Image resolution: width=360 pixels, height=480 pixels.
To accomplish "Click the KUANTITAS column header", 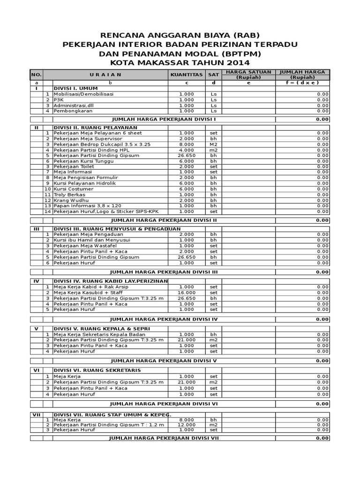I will (186, 75).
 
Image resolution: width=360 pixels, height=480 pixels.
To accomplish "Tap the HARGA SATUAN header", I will (248, 72).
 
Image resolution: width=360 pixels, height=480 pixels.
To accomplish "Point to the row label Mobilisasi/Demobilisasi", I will (83, 94).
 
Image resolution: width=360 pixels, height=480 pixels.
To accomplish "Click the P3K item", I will (58, 100).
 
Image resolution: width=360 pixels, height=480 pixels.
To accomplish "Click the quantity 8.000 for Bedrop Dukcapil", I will (186, 144).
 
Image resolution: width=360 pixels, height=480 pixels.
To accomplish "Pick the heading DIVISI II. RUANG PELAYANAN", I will (95, 127).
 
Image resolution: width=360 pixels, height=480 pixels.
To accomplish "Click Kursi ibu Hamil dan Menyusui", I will (91, 240).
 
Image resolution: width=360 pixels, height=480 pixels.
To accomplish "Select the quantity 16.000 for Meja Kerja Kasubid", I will (186, 292).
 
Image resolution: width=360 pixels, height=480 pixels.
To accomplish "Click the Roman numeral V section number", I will (36, 329).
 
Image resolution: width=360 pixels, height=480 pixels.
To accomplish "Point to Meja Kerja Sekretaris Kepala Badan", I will (99, 334).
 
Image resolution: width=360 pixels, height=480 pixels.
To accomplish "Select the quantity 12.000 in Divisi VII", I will (186, 424).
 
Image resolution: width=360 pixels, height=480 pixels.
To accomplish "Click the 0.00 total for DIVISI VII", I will (322, 438).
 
